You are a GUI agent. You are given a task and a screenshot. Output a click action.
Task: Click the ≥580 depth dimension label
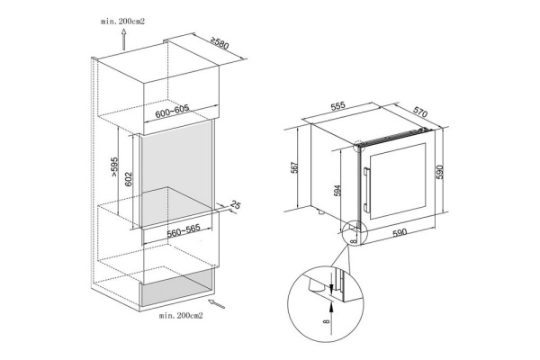pyautogui.click(x=220, y=42)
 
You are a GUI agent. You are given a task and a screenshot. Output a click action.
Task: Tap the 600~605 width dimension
pyautogui.click(x=172, y=111)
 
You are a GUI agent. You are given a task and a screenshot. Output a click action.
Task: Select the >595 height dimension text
pyautogui.click(x=114, y=167)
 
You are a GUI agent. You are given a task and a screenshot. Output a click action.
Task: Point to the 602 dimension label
pyautogui.click(x=128, y=179)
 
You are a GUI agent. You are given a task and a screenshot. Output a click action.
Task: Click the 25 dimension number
pyautogui.click(x=235, y=204)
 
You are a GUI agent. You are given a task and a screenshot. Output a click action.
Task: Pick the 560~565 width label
pyautogui.click(x=184, y=230)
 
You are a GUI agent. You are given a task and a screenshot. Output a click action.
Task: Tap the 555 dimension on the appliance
pyautogui.click(x=337, y=106)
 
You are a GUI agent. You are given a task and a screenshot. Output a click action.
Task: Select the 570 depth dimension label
pyautogui.click(x=420, y=112)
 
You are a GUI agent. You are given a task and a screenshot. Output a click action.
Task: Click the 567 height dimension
pyautogui.click(x=295, y=167)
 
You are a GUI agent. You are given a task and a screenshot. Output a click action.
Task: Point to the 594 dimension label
pyautogui.click(x=337, y=191)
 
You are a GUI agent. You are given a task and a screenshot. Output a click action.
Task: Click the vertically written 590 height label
pyautogui.click(x=440, y=172)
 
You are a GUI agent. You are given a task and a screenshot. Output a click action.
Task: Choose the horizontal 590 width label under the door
pyautogui.click(x=400, y=233)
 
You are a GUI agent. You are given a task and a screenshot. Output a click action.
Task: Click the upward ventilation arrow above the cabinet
pyautogui.click(x=124, y=40)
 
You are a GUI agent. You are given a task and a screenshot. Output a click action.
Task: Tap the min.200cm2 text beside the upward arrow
pyautogui.click(x=122, y=22)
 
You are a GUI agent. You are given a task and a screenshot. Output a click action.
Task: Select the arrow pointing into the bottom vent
pyautogui.click(x=217, y=304)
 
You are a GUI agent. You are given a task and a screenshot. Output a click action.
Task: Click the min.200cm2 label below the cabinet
pyautogui.click(x=181, y=315)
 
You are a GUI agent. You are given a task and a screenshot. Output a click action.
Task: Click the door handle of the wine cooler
pyautogui.click(x=365, y=190)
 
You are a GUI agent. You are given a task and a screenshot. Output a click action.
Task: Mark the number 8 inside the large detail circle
pyautogui.click(x=327, y=322)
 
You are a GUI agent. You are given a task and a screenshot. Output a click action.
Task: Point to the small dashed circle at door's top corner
pyautogui.click(x=358, y=146)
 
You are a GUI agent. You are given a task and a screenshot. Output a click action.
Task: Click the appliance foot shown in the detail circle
pyautogui.click(x=317, y=285)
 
